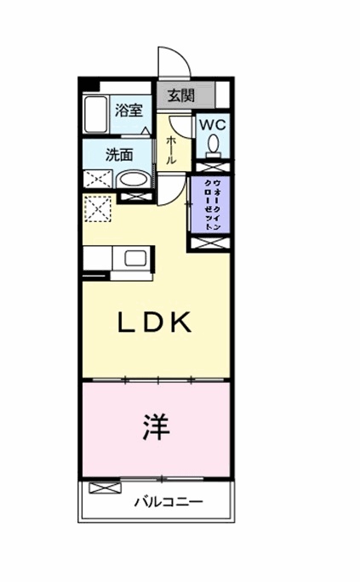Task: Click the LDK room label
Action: tap(156, 322)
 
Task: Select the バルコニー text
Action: tap(169, 502)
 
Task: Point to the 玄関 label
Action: tap(180, 94)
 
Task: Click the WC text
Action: tap(212, 123)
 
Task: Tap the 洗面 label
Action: tap(118, 156)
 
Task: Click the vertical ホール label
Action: tap(171, 150)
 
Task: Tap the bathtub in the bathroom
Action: tap(96, 115)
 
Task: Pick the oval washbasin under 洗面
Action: tap(131, 180)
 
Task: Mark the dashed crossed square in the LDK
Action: tap(97, 208)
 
